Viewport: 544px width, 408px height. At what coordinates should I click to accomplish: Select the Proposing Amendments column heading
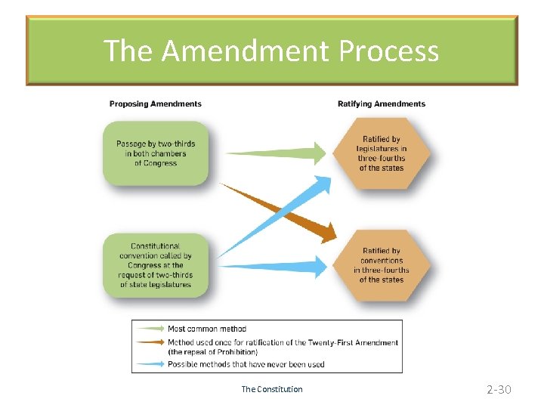tap(156, 104)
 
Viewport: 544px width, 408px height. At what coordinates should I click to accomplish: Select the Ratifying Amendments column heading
tap(382, 104)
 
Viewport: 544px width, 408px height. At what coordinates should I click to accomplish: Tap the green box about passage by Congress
tap(155, 153)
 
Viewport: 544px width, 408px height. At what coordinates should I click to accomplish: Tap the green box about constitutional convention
tap(155, 265)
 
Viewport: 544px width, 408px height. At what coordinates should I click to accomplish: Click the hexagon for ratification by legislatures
tap(382, 153)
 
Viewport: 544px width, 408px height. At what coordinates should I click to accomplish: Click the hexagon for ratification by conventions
tap(382, 265)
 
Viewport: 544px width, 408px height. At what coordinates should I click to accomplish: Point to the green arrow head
tap(320, 153)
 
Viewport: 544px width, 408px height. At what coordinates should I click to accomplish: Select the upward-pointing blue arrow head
tap(323, 183)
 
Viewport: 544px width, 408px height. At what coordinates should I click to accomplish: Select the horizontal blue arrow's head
tap(320, 266)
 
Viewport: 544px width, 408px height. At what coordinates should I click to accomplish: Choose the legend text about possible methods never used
tap(246, 364)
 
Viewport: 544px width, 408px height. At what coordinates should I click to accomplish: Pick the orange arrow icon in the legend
tap(149, 343)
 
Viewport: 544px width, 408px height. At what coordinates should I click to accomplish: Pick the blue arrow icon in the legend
tap(149, 364)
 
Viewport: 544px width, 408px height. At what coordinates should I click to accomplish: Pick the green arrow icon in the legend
tap(149, 329)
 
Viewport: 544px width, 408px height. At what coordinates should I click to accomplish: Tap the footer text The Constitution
tap(271, 389)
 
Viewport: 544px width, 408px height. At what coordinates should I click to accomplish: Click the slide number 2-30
tap(499, 389)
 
